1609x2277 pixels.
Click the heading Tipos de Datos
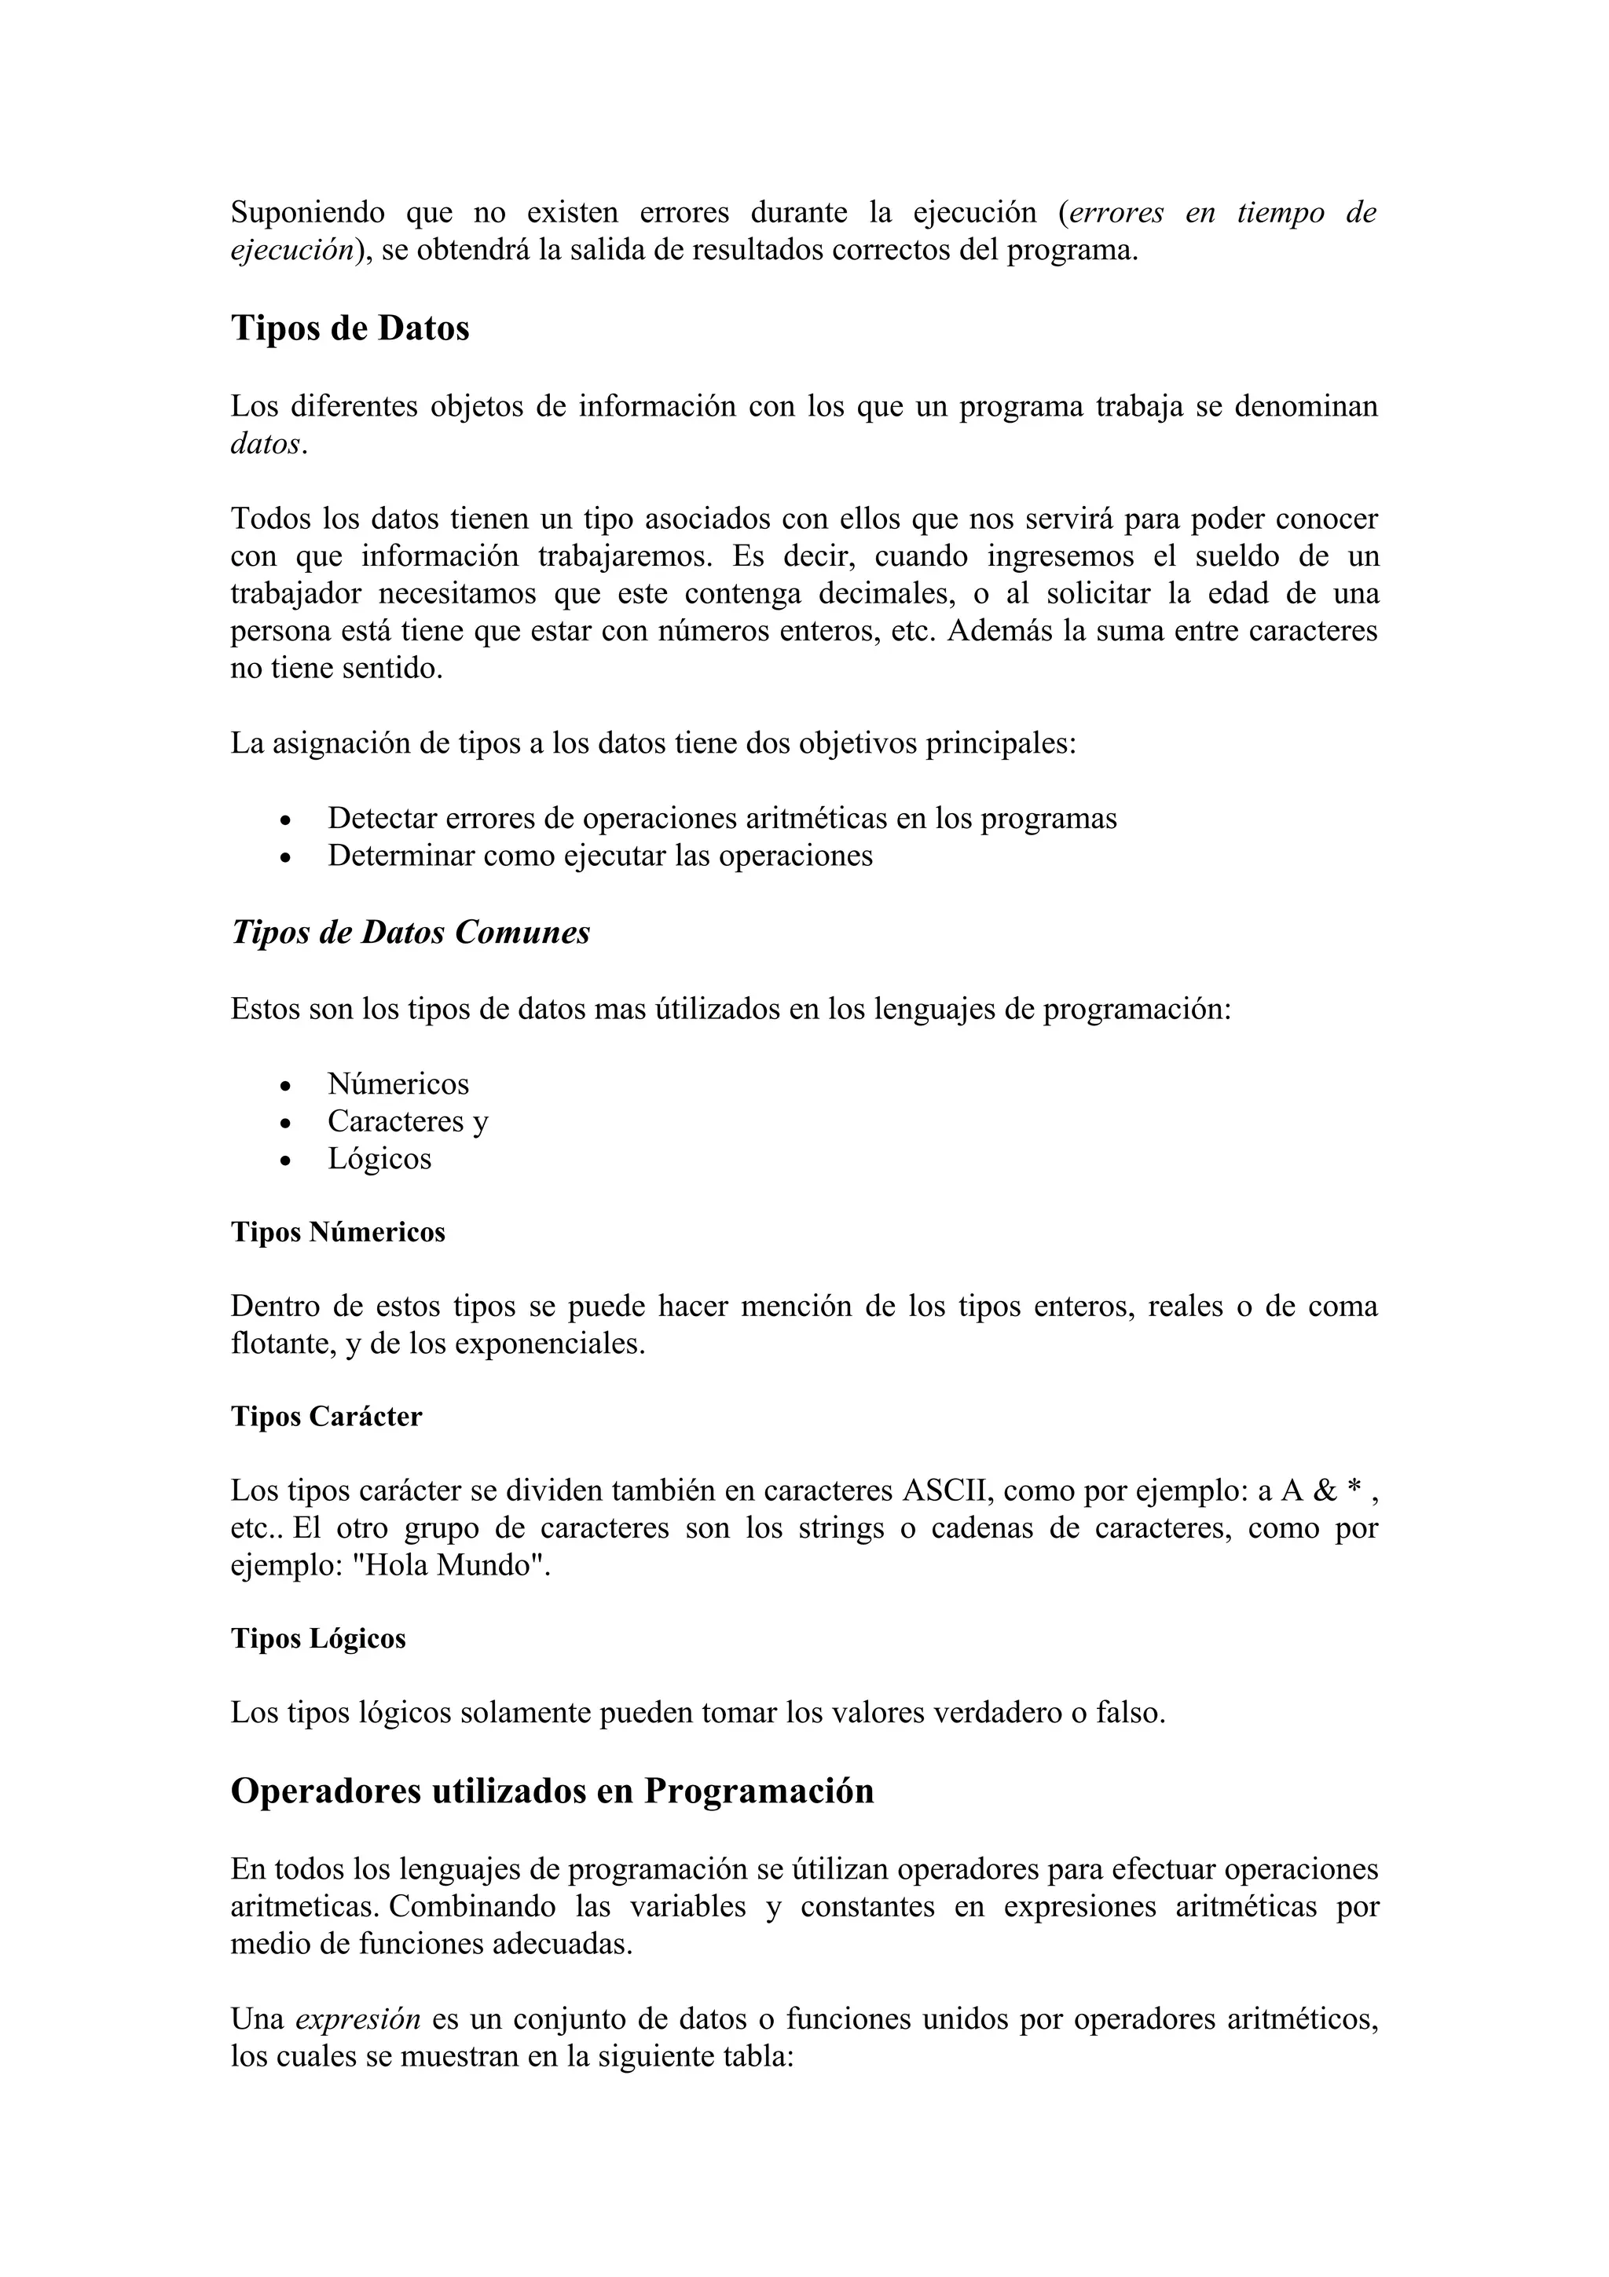tap(350, 328)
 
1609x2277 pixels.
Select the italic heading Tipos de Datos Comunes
tap(410, 932)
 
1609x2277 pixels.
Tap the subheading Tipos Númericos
tap(338, 1232)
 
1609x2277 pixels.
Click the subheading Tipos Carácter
tap(326, 1416)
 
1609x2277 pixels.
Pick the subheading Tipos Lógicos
tap(318, 1638)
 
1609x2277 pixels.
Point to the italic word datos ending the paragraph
tap(265, 444)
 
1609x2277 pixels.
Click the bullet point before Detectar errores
tap(285, 821)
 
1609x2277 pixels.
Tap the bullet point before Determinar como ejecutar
tap(285, 858)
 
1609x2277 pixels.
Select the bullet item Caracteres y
tap(408, 1122)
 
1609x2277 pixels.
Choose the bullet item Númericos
tap(398, 1084)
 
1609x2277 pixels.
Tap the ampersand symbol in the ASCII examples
tap(1325, 1490)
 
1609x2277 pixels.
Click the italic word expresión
tap(358, 2019)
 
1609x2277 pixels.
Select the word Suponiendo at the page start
tap(307, 213)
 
